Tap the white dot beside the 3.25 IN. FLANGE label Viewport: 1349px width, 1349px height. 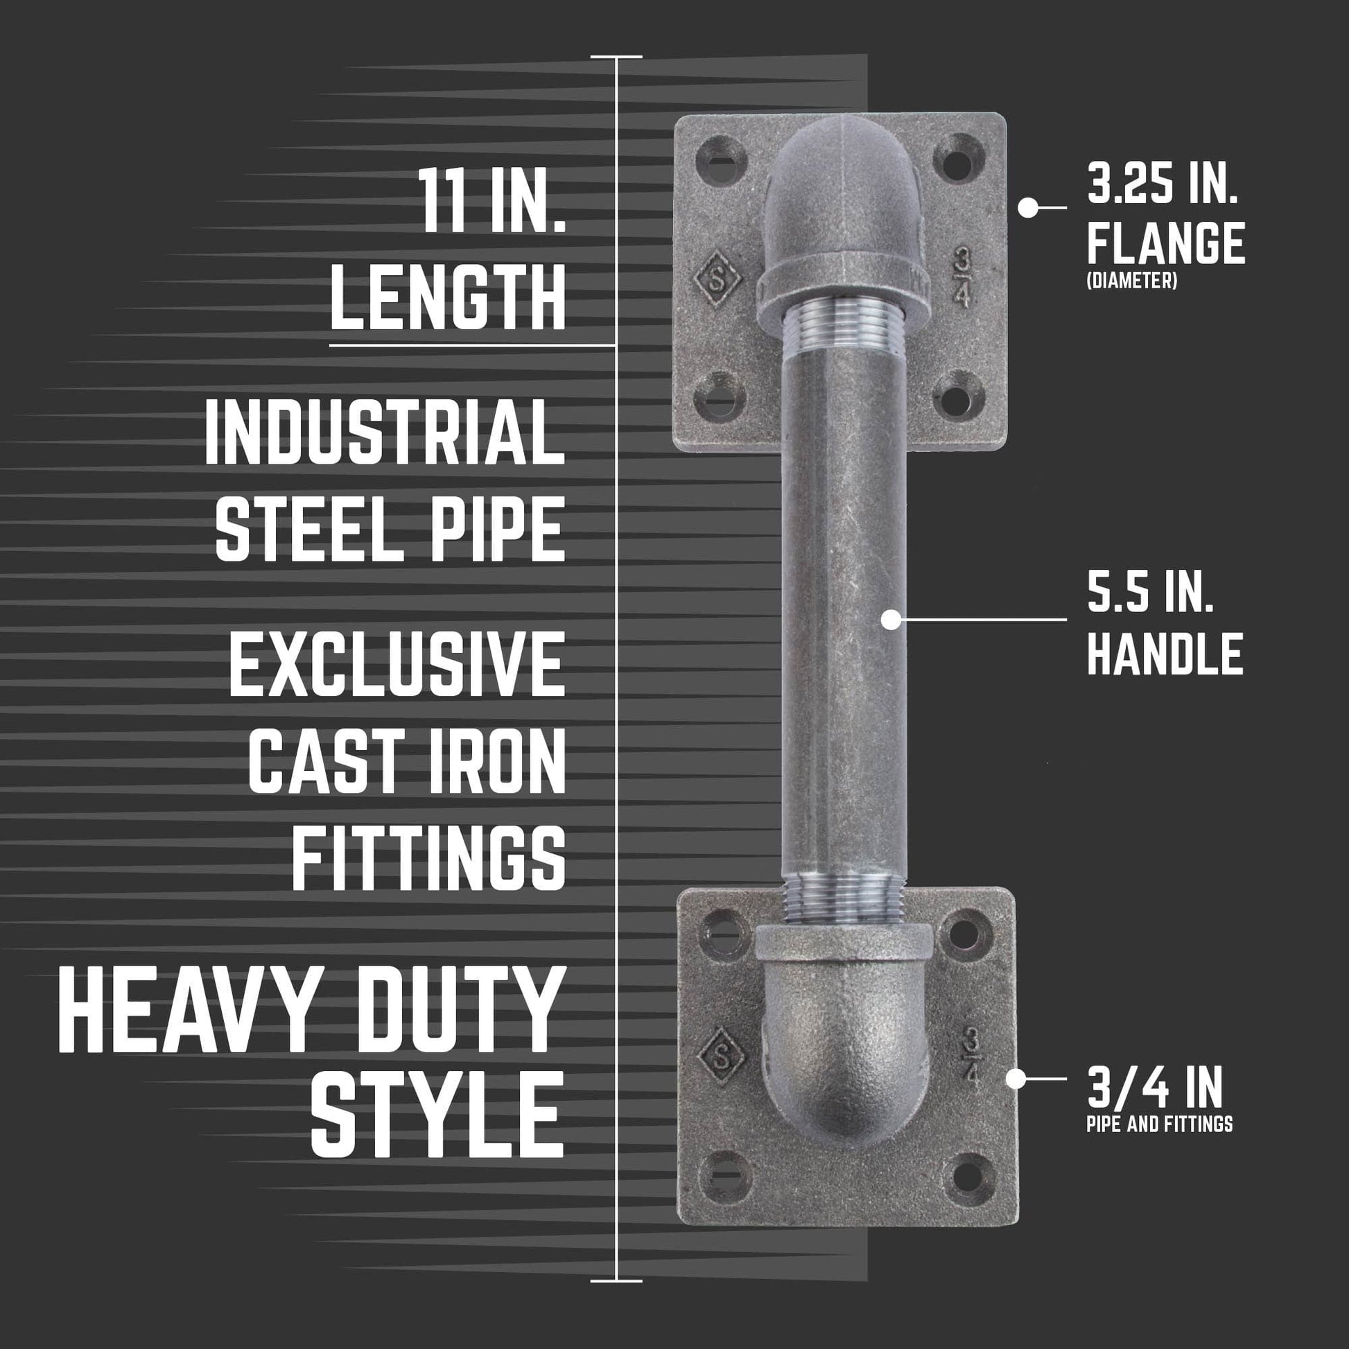tap(1027, 207)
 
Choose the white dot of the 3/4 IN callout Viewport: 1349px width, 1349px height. tap(1016, 1079)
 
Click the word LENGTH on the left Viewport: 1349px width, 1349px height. tap(447, 299)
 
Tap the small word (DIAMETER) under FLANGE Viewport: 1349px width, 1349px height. tap(1131, 281)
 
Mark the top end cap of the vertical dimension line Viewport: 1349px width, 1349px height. tap(616, 56)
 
